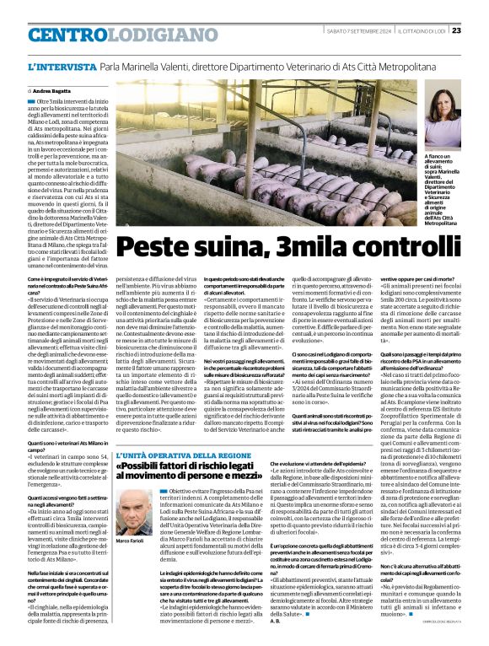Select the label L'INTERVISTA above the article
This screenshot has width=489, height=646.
pos(60,67)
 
